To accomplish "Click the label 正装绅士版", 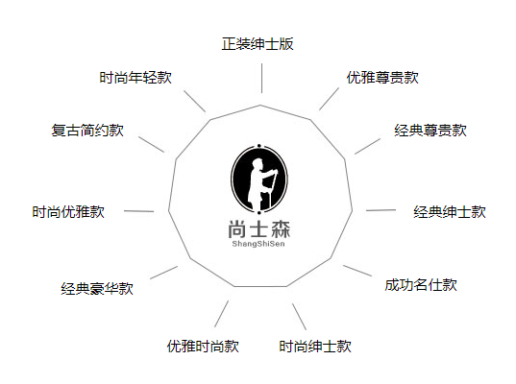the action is (258, 44).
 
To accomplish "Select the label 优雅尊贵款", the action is (382, 78).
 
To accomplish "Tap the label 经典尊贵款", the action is (430, 131).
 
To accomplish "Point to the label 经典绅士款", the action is (450, 212).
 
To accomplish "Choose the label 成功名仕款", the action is (421, 285).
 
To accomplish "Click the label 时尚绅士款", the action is (315, 347).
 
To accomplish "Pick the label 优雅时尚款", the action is (203, 347).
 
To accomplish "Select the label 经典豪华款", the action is (97, 289).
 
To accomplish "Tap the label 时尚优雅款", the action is (68, 212).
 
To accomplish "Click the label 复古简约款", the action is (87, 131).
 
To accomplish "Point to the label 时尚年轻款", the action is (135, 78).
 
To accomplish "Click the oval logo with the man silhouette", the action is (259, 180).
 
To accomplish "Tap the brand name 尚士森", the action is (259, 229).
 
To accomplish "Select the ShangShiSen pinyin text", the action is (258, 244).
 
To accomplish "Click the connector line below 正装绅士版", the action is (261, 79).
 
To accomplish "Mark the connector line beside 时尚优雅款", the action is (139, 211).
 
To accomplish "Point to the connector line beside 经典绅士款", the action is (381, 210).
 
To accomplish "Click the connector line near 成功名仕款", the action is (357, 271).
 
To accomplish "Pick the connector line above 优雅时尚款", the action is (221, 314).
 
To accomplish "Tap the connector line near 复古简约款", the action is (151, 144).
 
